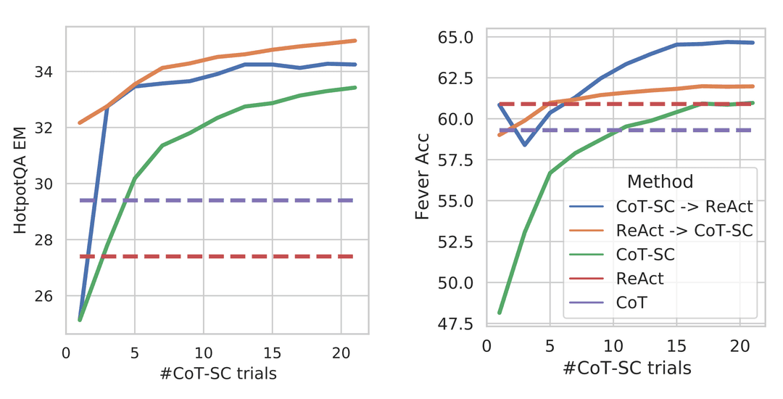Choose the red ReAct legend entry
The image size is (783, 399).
639,278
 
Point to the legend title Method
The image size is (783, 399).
660,181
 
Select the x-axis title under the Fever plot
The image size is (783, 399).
626,368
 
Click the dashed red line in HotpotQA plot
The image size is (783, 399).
217,256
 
